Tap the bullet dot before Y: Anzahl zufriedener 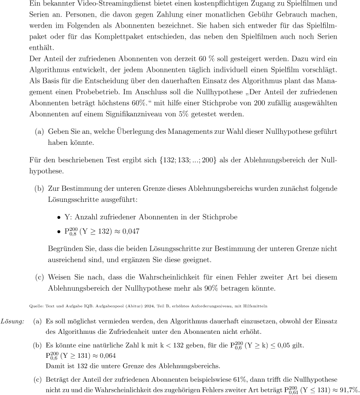pos(59,218)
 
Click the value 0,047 pos(130,232)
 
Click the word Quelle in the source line pos(35,305)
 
